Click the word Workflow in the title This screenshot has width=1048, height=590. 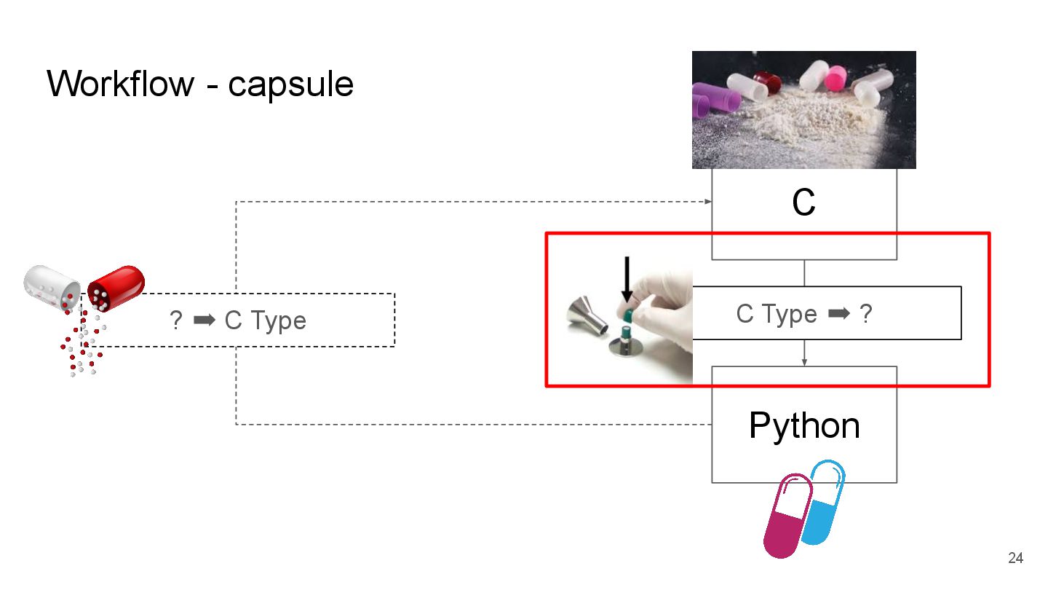(121, 84)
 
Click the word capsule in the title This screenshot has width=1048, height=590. (290, 85)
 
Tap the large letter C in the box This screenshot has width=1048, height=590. (803, 203)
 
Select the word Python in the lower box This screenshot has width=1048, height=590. (804, 425)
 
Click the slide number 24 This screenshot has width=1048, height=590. (1015, 559)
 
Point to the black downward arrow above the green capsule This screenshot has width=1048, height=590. (627, 280)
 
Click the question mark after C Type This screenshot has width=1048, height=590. (865, 314)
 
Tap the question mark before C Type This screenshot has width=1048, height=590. (175, 320)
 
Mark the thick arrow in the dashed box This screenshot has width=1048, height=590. (205, 320)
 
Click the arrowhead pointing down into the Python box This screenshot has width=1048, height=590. (804, 361)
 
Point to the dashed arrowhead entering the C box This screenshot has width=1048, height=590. (707, 201)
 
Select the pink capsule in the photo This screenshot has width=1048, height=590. (835, 76)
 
